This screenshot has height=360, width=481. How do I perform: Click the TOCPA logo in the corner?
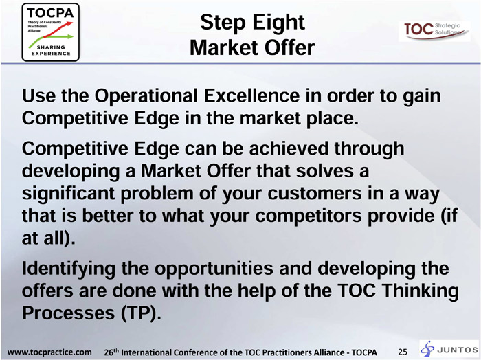click(x=51, y=32)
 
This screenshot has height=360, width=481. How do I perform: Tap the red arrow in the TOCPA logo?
click(x=58, y=30)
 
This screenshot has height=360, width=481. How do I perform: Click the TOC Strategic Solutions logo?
click(x=434, y=31)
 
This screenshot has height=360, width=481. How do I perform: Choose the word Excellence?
click(x=251, y=95)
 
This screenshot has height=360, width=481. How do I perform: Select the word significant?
click(x=68, y=194)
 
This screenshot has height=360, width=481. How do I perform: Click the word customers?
click(x=315, y=194)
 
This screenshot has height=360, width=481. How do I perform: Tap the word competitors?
click(x=309, y=216)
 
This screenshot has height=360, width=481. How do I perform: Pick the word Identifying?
click(x=69, y=269)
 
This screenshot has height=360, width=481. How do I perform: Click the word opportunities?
click(x=213, y=269)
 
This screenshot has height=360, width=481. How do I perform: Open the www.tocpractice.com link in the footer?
click(x=49, y=352)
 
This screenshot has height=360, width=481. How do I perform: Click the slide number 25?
click(x=403, y=352)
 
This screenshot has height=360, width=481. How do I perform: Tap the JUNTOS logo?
click(x=449, y=349)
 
